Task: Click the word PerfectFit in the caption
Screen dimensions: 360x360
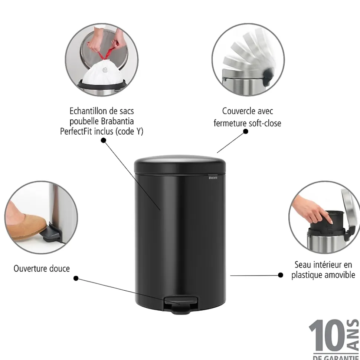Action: tap(79, 132)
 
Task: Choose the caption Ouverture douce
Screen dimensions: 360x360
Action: tap(42, 268)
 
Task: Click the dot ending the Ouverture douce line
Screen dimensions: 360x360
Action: tap(76, 278)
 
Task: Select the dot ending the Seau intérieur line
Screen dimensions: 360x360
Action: tap(281, 275)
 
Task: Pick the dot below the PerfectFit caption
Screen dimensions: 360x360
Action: tap(103, 140)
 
